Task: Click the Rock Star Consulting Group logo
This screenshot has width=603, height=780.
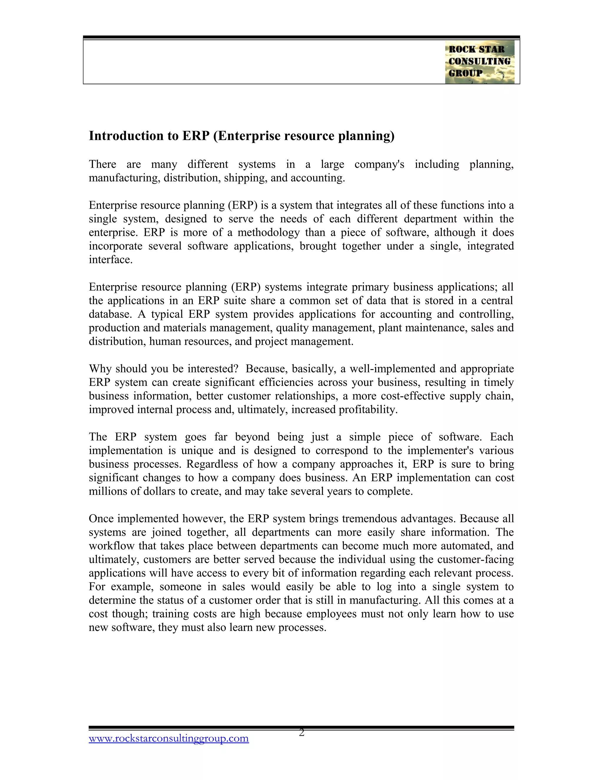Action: [479, 62]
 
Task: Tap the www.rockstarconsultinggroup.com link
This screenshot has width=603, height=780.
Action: [169, 738]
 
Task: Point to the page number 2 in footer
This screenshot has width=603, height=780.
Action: [301, 733]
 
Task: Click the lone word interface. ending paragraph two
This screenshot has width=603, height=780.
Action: [110, 260]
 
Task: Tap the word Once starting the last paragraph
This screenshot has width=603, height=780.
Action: [102, 519]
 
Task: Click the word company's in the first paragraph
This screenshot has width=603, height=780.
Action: [379, 164]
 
